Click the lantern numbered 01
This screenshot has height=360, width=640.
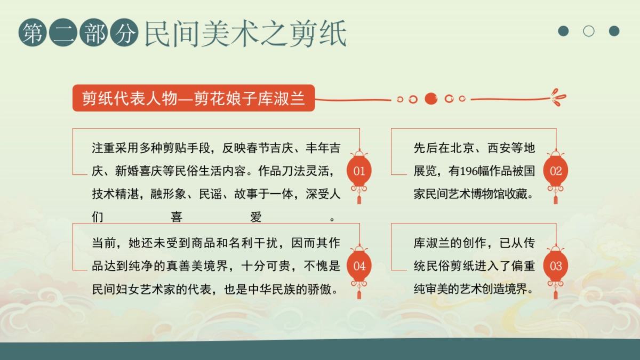[359, 171]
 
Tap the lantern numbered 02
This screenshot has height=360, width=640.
[556, 171]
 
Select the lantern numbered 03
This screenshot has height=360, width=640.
[556, 266]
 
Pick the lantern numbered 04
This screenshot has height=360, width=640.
[359, 266]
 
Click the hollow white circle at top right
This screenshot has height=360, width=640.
[589, 31]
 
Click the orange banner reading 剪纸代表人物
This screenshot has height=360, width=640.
[194, 99]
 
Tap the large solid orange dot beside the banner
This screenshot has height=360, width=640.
[431, 99]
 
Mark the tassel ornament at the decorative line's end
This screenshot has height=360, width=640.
[558, 98]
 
